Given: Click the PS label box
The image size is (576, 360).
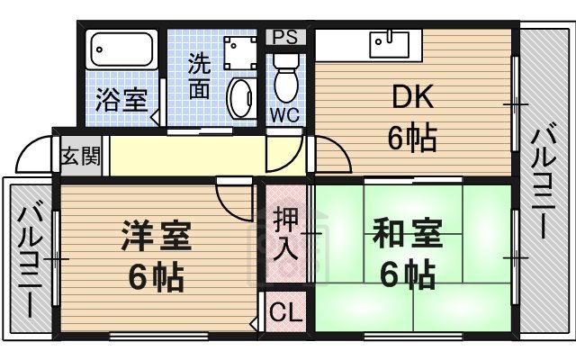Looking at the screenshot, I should [x=285, y=37].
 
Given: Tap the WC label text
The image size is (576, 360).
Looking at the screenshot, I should [x=285, y=114].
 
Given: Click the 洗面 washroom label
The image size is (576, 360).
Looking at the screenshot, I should [x=201, y=77].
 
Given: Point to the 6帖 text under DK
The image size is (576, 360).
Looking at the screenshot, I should [x=412, y=138].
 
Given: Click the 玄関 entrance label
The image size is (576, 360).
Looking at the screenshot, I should [x=79, y=154].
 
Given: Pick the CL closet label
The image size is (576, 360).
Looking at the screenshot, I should [x=285, y=312].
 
